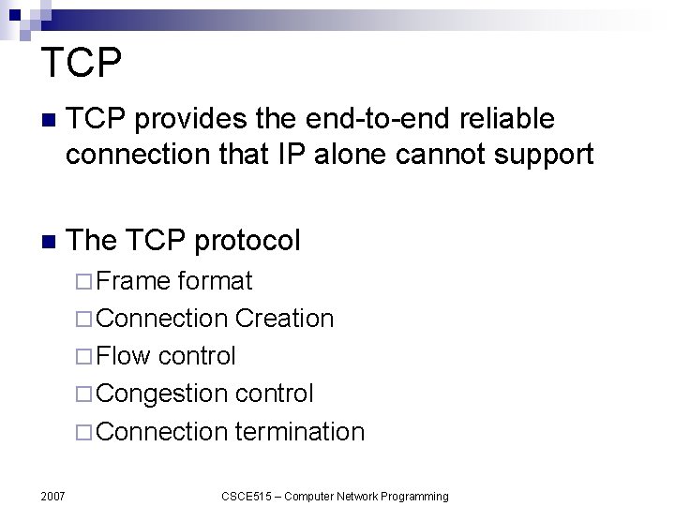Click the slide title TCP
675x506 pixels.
[82, 64]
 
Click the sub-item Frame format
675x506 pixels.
[173, 281]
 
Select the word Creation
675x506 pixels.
[284, 319]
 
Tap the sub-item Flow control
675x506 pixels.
[165, 356]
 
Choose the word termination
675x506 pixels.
[299, 432]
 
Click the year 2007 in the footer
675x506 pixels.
[52, 496]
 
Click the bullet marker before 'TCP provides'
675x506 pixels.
[49, 121]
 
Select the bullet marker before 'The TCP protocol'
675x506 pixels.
[49, 242]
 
